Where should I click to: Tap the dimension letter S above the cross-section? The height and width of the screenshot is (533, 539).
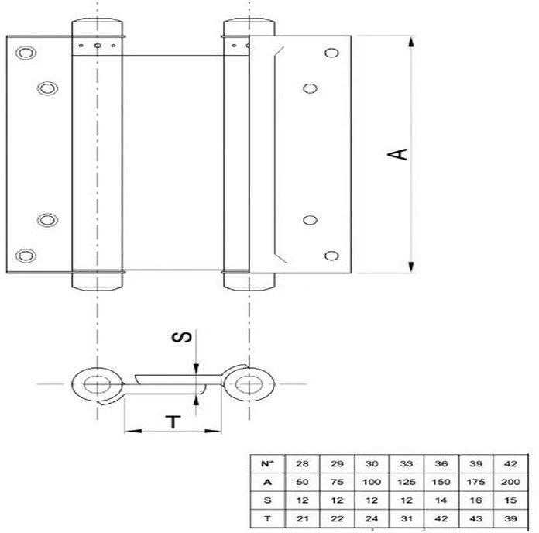click(181, 337)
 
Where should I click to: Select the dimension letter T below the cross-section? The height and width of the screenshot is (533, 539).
click(173, 421)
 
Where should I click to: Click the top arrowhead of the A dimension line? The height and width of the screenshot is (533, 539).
click(410, 42)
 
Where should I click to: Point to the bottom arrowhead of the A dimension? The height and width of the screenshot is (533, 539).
click(410, 266)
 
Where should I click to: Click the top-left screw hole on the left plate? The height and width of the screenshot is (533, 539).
click(26, 53)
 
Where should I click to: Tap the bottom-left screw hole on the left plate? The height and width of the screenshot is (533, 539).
click(26, 256)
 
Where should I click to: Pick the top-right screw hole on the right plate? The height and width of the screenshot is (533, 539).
click(331, 53)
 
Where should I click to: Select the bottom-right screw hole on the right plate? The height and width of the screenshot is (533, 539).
click(331, 256)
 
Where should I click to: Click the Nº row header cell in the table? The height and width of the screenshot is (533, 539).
click(268, 463)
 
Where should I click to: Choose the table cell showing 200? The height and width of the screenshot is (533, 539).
click(510, 482)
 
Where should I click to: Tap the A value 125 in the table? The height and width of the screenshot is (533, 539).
click(407, 482)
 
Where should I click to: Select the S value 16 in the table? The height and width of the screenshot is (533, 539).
click(475, 500)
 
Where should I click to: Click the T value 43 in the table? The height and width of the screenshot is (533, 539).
click(475, 518)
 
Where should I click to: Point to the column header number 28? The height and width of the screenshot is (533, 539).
click(302, 463)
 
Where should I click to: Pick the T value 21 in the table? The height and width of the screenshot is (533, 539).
click(302, 518)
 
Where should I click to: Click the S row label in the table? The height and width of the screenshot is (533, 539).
click(268, 500)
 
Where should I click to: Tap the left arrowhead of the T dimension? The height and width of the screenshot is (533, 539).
click(132, 431)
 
